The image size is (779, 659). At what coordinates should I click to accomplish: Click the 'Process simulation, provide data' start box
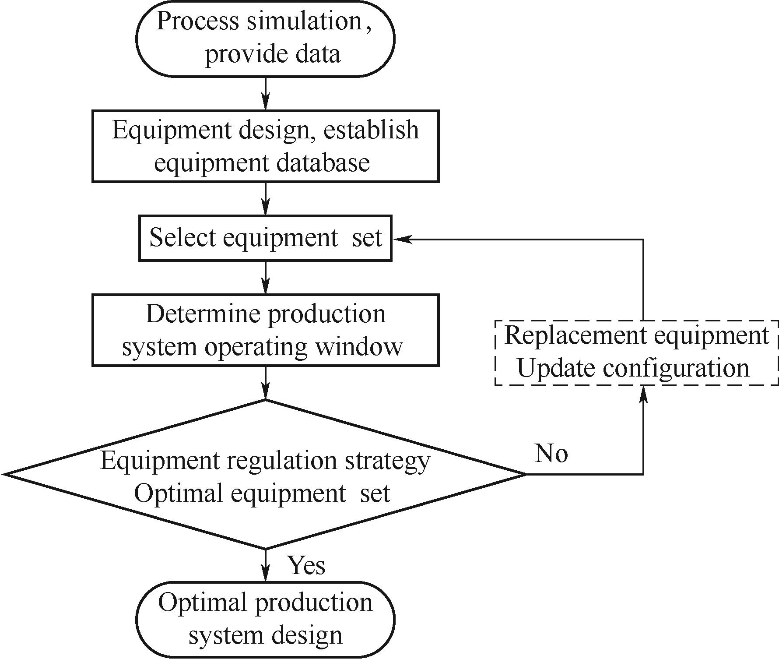tap(265, 39)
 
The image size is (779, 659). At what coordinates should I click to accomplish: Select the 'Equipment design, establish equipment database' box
tap(265, 146)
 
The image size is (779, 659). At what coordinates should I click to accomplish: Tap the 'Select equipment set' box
tap(265, 238)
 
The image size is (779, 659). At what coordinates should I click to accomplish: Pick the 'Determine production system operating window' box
tap(265, 330)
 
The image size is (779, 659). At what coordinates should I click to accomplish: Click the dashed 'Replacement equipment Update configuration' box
tap(636, 353)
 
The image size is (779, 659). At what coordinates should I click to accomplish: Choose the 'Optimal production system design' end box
tap(265, 620)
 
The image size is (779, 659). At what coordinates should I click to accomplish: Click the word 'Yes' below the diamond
tap(306, 565)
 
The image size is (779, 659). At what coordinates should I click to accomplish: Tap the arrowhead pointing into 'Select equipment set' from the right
tap(400, 239)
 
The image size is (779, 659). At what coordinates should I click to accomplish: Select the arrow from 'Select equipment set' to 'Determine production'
tap(266, 278)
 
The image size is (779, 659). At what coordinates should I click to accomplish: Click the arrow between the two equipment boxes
tap(266, 199)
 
